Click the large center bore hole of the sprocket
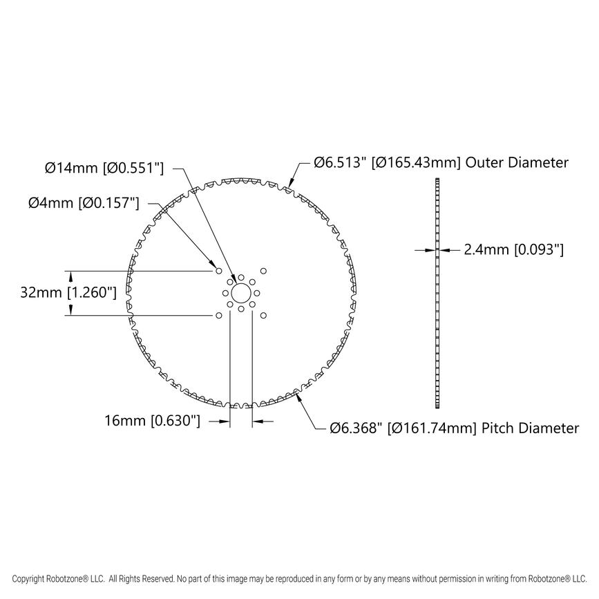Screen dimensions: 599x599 pyautogui.click(x=240, y=293)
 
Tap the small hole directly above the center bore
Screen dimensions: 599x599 pyautogui.click(x=240, y=277)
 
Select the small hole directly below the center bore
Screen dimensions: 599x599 pyautogui.click(x=240, y=309)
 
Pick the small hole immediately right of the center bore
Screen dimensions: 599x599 pyautogui.click(x=256, y=293)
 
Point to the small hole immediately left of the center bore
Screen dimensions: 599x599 pyautogui.click(x=225, y=293)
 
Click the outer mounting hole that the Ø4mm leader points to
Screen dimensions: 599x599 pyautogui.click(x=218, y=271)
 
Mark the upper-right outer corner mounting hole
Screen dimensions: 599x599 pyautogui.click(x=263, y=271)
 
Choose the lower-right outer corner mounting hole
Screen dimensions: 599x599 pyautogui.click(x=263, y=315)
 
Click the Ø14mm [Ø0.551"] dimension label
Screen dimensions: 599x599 pyautogui.click(x=104, y=167)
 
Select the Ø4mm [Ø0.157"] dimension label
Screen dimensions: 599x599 pyautogui.click(x=84, y=202)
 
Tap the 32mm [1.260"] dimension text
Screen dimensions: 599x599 pyautogui.click(x=68, y=292)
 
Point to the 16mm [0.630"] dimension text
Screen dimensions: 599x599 pyautogui.click(x=153, y=420)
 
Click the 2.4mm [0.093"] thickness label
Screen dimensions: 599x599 pyautogui.click(x=514, y=250)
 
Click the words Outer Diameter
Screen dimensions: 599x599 pyautogui.click(x=517, y=163)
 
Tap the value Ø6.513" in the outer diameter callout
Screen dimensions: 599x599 pyautogui.click(x=340, y=163)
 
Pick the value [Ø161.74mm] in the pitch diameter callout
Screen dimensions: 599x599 pyautogui.click(x=430, y=428)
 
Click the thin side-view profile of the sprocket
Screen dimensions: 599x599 pyautogui.click(x=437, y=293)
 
